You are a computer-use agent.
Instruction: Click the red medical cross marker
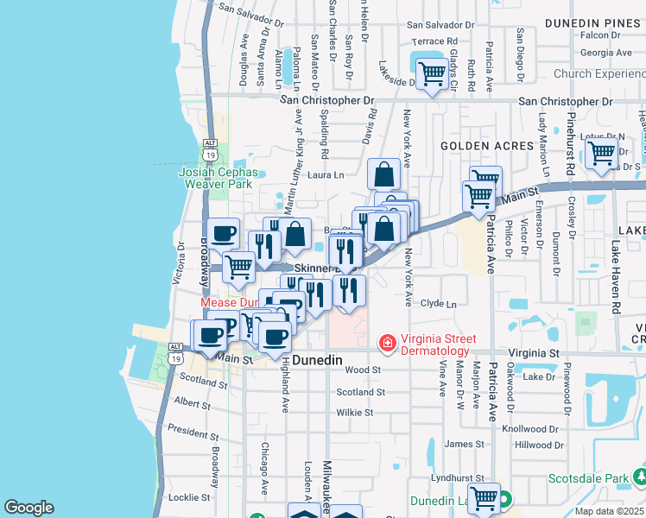(388, 344)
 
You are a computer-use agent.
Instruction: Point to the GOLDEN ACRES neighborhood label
(487, 146)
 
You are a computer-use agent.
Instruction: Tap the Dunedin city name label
(319, 359)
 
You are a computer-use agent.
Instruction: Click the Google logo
(28, 508)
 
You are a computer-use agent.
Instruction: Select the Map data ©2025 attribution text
(609, 511)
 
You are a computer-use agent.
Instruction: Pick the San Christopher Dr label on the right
(565, 101)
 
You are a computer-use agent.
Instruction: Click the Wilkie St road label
(354, 413)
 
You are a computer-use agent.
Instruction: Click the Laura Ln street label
(326, 174)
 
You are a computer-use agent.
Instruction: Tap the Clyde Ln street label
(438, 303)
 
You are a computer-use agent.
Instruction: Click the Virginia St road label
(533, 353)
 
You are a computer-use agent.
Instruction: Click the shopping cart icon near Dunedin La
(483, 497)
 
